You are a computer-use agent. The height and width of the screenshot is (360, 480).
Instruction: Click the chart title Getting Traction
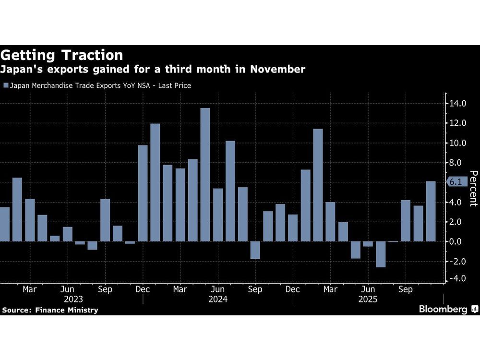pos(62,55)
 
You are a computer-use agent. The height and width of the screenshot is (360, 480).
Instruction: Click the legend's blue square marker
pos(6,86)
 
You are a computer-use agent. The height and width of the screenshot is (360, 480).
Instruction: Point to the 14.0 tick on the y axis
pos(457,103)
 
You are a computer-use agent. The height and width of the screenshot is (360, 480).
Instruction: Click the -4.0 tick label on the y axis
pos(456,278)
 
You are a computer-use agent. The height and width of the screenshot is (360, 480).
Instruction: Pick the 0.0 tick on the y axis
pos(457,241)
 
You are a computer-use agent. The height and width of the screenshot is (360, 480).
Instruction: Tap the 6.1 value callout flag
pos(455,182)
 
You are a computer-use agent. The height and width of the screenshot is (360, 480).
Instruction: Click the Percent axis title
pos(473,188)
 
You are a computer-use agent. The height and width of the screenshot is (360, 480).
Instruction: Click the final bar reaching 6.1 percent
pos(431,211)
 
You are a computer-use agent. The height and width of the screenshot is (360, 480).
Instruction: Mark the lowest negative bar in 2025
pos(380,254)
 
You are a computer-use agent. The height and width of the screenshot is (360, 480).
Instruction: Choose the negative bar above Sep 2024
pos(255,250)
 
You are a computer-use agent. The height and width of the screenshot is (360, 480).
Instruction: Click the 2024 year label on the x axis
pos(218,299)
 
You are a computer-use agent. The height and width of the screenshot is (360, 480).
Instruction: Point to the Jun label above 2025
pos(368,289)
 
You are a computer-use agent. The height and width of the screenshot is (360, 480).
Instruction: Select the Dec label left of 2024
pos(143,289)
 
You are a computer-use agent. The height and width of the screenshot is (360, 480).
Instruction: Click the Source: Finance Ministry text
pos(50,310)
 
